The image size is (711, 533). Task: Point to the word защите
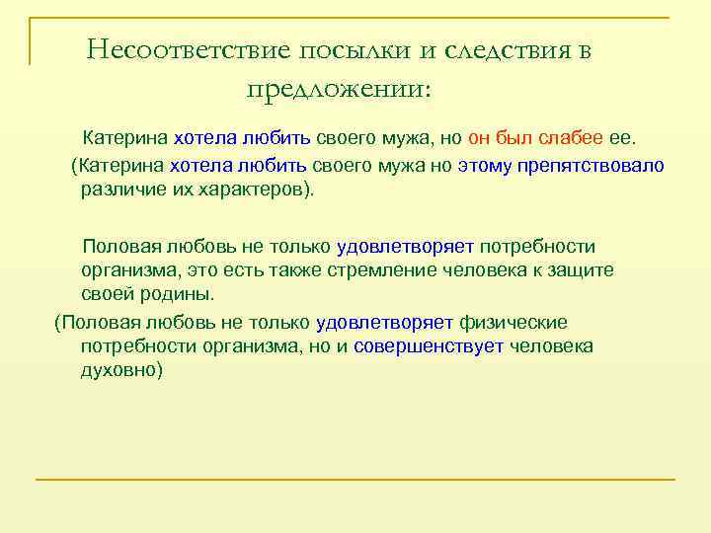click(582, 269)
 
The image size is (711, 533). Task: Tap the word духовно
click(119, 370)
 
